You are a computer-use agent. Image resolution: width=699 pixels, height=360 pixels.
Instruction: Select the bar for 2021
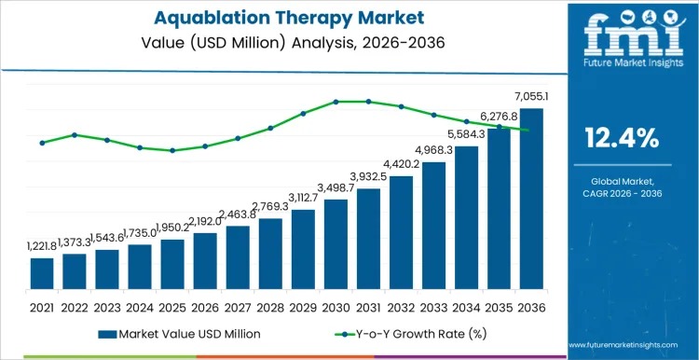coord(42,273)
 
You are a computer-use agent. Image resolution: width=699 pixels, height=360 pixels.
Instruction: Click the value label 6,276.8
coord(497,117)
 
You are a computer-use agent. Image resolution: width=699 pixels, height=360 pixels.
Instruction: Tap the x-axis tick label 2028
coord(270,306)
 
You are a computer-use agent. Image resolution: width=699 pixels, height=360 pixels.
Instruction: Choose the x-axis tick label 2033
coord(433,306)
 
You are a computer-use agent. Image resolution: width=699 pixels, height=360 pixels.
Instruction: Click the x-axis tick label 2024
coord(140,306)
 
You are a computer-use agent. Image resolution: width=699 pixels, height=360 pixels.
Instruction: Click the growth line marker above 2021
coord(42,143)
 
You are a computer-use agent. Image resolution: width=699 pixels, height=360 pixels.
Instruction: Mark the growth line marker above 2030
coord(336,102)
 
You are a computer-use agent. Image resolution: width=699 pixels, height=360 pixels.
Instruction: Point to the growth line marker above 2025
coord(172,150)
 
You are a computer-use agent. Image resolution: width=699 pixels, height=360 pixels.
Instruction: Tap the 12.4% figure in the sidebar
coord(621,140)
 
